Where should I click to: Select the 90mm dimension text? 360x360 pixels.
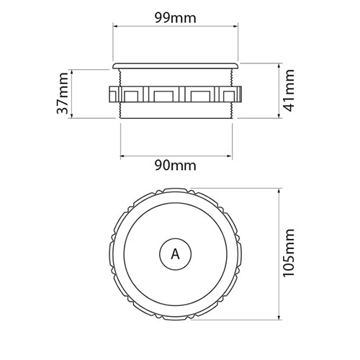tap(176, 166)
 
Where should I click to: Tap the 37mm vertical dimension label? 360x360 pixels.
tap(64, 93)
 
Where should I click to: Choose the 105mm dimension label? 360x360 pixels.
tap(289, 255)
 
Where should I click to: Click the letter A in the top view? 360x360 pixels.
tap(175, 254)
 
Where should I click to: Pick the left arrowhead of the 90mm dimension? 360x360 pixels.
tap(121, 153)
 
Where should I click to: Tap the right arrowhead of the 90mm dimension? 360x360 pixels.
tap(231, 153)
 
